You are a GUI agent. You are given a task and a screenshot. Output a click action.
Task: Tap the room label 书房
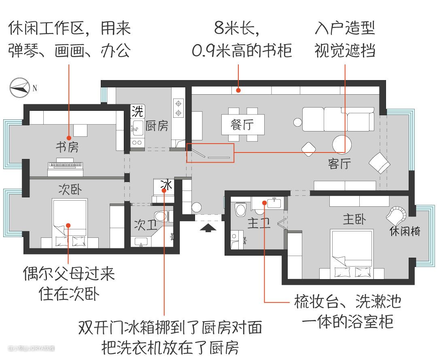click(x=67, y=147)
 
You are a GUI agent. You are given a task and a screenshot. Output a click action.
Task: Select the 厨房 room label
click(x=157, y=126)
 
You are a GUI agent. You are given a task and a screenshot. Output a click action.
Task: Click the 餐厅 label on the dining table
click(x=242, y=125)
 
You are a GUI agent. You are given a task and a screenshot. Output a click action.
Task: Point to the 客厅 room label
click(x=339, y=163)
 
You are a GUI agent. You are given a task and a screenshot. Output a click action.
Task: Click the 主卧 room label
click(x=354, y=219)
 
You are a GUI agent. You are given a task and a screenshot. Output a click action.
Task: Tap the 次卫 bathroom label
click(x=146, y=225)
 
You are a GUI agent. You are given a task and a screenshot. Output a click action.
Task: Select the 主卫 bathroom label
click(x=259, y=223)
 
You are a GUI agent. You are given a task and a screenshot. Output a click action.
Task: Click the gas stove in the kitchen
click(x=178, y=107)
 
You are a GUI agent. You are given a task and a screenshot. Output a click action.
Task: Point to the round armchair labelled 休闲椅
click(x=396, y=216)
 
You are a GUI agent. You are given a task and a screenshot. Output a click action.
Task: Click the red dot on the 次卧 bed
click(x=68, y=225)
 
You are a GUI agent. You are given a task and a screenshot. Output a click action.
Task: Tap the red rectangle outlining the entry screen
click(x=210, y=153)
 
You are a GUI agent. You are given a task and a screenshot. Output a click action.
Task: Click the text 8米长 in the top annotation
click(x=236, y=28)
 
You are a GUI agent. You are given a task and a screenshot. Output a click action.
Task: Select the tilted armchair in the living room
click(x=380, y=163)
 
